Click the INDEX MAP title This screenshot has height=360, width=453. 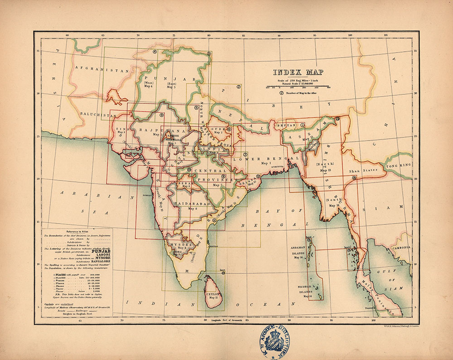(298, 72)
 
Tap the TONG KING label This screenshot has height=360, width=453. (398, 166)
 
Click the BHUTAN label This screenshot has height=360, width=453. (289, 125)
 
